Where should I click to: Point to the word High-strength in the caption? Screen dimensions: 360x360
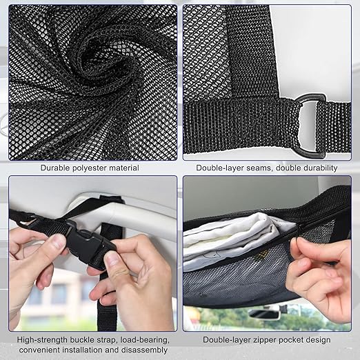[x=42, y=340]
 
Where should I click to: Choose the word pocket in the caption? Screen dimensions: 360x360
[x=290, y=340]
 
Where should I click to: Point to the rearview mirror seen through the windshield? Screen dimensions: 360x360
[x=264, y=314]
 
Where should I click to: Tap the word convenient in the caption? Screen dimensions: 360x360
[x=40, y=350]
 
